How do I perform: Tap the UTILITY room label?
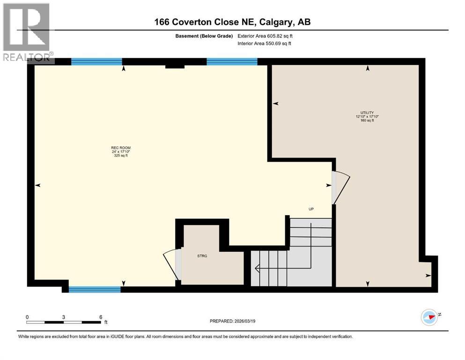367,112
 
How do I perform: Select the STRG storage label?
202,256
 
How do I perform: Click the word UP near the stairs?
310,209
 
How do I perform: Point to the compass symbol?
429,317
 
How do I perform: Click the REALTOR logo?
27,32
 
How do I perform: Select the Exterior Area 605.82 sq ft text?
267,36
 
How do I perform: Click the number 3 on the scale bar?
63,317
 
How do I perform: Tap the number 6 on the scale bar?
101,317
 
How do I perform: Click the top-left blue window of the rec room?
96,61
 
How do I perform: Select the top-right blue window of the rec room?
232,61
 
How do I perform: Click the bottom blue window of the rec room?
95,289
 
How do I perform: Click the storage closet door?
171,265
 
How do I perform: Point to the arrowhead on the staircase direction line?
257,269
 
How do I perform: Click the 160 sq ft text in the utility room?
367,120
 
